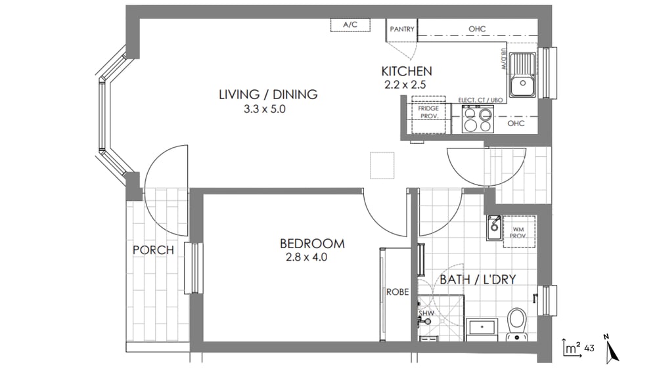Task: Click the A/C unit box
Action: point(350,25)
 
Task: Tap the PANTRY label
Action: point(402,29)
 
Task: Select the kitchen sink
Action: point(522,75)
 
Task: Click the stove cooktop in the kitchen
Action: point(478,119)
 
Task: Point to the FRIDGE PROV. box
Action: point(428,115)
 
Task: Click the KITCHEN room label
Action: point(407,71)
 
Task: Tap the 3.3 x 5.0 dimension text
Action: point(264,109)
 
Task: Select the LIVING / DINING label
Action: point(268,95)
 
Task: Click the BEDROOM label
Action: point(312,244)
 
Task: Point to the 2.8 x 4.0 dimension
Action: point(306,257)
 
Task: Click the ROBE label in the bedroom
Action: point(397,292)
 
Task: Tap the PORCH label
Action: point(153,250)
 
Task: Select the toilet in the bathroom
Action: point(516,324)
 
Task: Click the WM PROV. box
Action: point(519,232)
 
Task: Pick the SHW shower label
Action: point(426,313)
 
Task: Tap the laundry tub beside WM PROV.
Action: point(495,227)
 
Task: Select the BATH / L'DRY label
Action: point(478,279)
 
